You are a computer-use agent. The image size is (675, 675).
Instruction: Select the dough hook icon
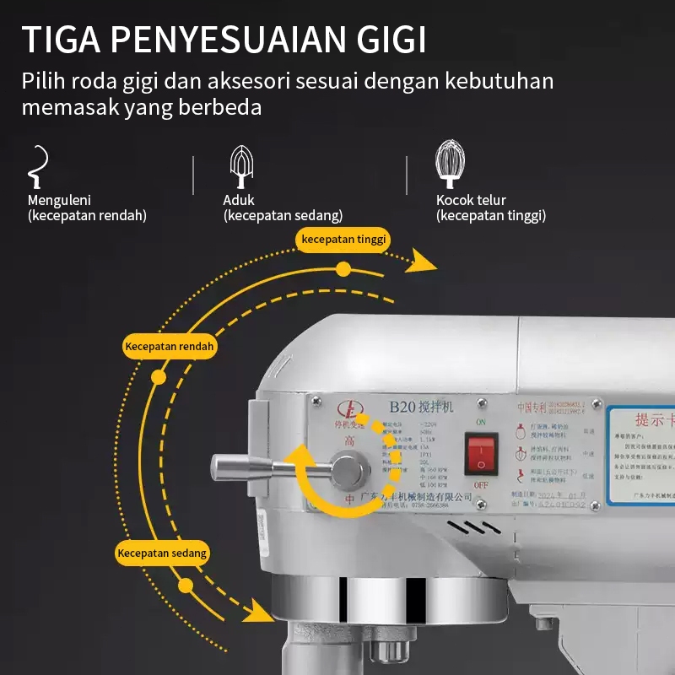click(x=37, y=166)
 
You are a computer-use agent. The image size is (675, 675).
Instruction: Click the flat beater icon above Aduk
click(x=242, y=166)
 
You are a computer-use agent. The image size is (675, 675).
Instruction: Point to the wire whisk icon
click(x=449, y=165)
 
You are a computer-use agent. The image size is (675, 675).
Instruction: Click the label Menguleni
click(x=59, y=201)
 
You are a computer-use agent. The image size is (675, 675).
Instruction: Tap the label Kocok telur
click(x=471, y=201)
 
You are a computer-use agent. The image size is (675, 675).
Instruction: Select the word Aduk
click(x=239, y=201)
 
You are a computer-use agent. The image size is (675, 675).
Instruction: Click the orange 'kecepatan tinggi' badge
click(x=343, y=240)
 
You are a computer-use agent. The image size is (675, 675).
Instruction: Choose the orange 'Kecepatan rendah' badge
click(x=170, y=346)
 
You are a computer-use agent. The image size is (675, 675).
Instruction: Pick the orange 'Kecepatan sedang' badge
click(x=162, y=553)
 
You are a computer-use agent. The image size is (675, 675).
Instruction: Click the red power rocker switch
click(x=481, y=454)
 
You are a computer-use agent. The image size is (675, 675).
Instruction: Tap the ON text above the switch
click(x=481, y=422)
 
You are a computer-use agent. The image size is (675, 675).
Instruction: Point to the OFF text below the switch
click(x=481, y=485)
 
